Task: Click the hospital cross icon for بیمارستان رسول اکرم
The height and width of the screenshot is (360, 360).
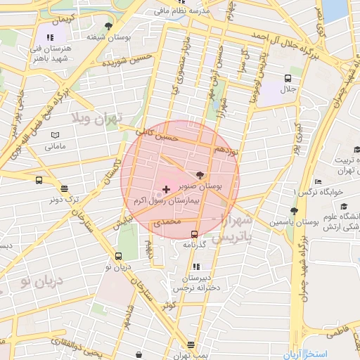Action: click(x=166, y=189)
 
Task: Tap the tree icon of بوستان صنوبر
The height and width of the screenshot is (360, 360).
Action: click(x=201, y=175)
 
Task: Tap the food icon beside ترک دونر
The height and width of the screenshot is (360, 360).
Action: click(x=65, y=188)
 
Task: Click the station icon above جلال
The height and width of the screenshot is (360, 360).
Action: click(x=288, y=78)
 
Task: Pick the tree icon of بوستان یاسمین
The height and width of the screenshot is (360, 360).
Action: click(x=293, y=210)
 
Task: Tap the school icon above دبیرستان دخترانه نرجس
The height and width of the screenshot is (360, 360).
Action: click(x=195, y=266)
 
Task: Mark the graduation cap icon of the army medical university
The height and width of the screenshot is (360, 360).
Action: click(x=345, y=206)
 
